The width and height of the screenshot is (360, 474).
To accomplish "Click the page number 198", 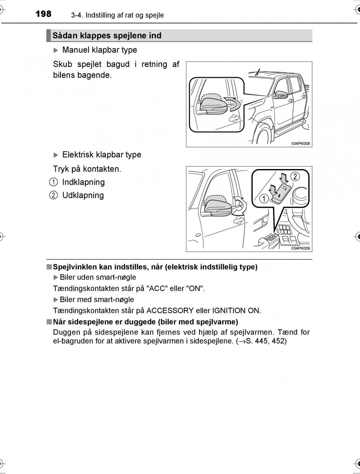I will (43, 14).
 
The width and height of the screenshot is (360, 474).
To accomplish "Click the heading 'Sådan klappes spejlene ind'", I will (107, 36).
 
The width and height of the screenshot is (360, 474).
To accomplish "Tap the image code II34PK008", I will (300, 144).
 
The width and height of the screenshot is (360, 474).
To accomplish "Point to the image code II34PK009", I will (300, 248).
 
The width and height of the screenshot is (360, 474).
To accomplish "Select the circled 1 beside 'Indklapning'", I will (53, 182).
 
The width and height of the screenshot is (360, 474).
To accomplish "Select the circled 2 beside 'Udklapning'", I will (53, 195).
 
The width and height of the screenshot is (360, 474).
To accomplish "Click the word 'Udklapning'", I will (83, 195).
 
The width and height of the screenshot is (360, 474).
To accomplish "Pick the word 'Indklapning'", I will (83, 182).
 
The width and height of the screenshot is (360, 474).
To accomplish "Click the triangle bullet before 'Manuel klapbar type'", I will (56, 50).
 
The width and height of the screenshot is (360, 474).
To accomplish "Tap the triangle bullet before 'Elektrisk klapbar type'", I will (56, 155).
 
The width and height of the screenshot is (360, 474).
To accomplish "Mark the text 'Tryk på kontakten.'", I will (87, 169).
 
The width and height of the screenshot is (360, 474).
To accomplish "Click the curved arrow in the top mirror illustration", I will (232, 104).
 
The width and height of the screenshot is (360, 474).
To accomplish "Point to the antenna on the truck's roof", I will (258, 72).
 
